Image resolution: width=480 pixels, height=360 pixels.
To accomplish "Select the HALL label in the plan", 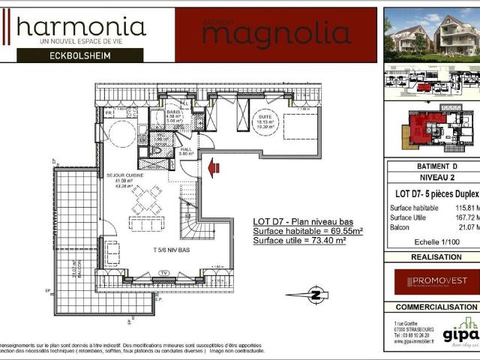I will [x=186, y=149].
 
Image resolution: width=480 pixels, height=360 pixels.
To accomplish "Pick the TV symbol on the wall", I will [x=163, y=272].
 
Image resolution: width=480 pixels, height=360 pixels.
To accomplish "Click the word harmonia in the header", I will [x=81, y=28].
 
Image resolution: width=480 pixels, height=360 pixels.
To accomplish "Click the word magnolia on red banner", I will [x=276, y=34].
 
